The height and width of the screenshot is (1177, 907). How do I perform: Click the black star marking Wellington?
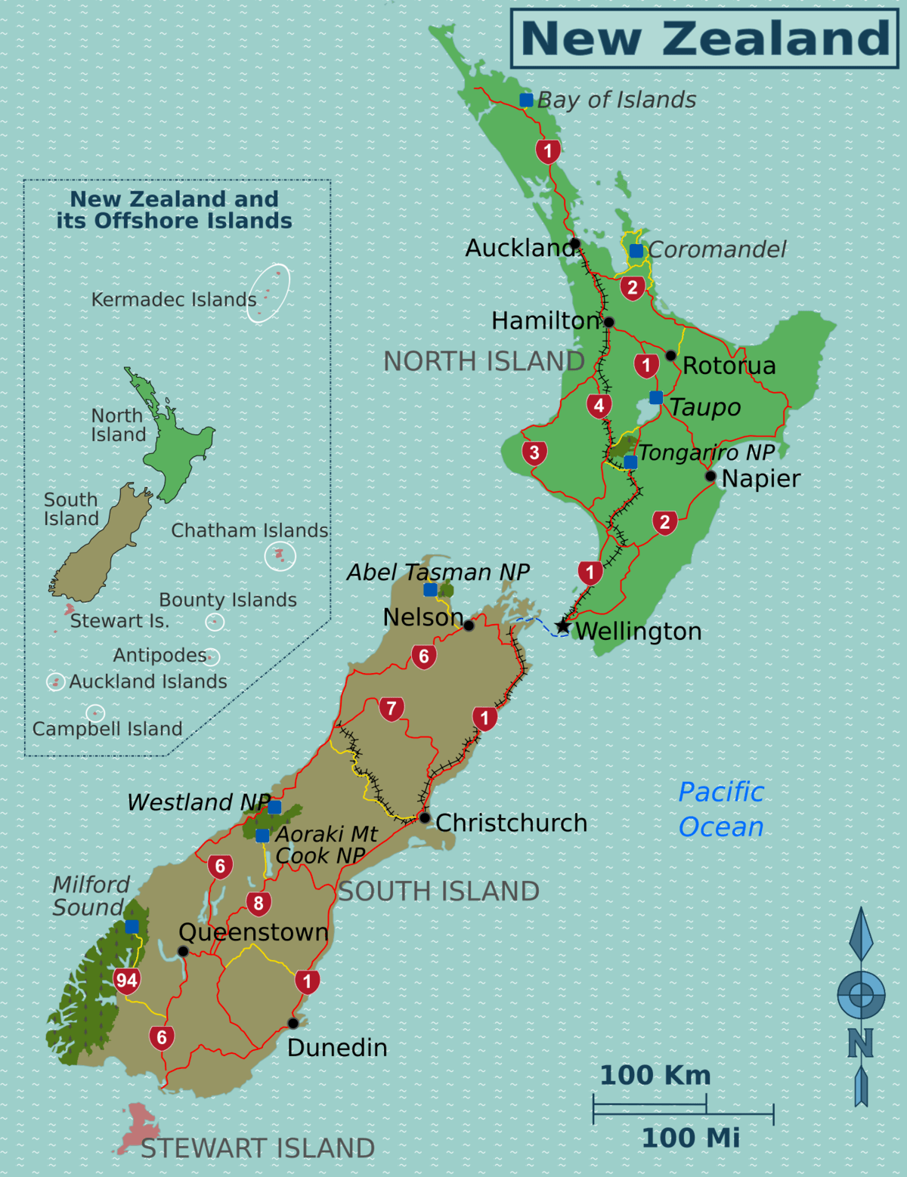tap(562, 626)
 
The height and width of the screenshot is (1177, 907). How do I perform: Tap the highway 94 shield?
tap(126, 981)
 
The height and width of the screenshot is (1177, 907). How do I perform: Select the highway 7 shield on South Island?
tap(392, 709)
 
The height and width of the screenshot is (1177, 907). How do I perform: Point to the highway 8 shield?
tap(258, 904)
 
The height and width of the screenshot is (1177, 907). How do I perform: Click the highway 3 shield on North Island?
tap(534, 453)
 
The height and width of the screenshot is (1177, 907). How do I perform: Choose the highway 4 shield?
tap(599, 406)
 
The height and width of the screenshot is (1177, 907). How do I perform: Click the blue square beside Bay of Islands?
tap(526, 100)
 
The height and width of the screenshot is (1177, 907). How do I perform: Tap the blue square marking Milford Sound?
tap(132, 926)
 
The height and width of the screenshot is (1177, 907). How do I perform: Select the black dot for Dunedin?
tap(293, 1024)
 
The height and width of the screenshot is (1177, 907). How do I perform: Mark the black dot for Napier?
tap(710, 476)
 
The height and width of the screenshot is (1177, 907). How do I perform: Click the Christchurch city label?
tap(511, 823)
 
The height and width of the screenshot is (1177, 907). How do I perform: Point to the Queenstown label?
tap(253, 932)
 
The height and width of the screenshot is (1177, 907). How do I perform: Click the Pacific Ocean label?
tap(721, 809)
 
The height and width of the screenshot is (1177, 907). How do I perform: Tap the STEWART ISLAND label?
tap(258, 1148)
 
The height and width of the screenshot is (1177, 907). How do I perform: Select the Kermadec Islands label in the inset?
tap(174, 300)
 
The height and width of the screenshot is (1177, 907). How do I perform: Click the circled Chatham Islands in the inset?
tap(280, 556)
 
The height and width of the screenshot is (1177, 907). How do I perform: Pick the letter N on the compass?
tap(860, 1043)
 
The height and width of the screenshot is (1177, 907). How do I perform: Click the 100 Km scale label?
tap(655, 1075)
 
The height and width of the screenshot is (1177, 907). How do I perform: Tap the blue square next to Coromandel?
tap(636, 251)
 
